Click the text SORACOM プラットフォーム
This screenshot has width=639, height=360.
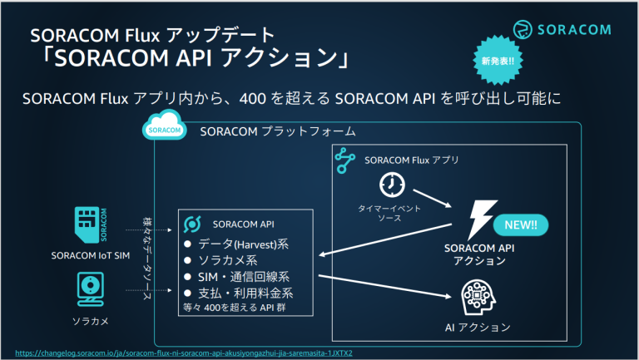pyautogui.click(x=278, y=131)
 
